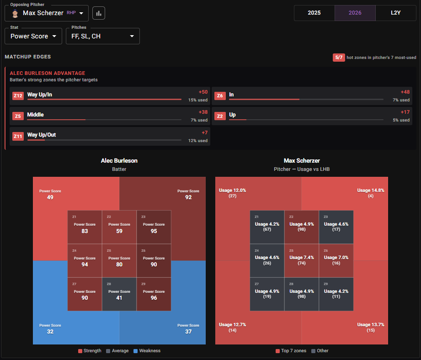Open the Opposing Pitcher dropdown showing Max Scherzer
47,13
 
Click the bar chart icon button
99,13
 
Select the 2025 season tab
314,13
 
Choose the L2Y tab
395,13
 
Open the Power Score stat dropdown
33,36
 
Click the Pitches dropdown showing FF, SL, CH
103,36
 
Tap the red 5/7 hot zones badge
339,58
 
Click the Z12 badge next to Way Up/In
18,96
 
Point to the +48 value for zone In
405,92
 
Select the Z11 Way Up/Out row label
42,135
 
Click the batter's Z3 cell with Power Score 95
154,227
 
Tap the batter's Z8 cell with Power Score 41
119,294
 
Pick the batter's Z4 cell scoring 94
85,261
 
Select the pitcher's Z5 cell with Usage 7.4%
302,261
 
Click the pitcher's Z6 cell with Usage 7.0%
336,261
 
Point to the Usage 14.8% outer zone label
371,191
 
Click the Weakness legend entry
147,350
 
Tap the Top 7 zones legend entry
291,350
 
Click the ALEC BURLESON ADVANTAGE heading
48,73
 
